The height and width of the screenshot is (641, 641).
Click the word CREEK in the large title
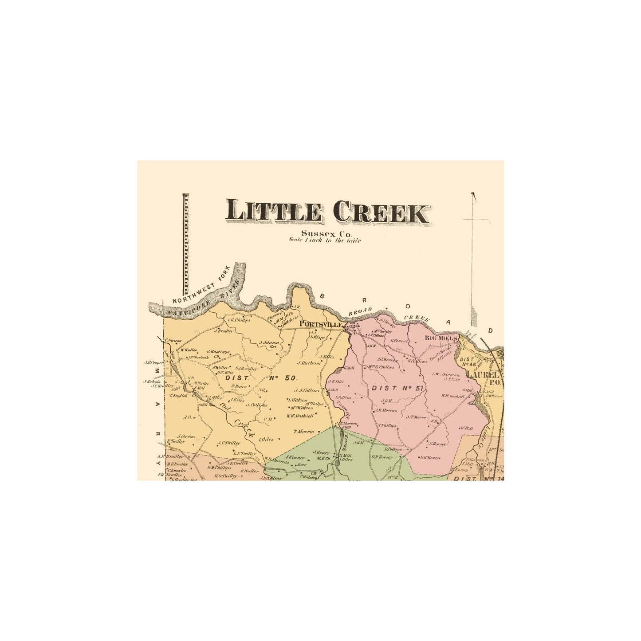(381, 212)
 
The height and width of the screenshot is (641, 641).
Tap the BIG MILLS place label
(440, 338)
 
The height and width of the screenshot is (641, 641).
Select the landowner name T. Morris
(303, 431)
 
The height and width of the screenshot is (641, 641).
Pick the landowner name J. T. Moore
(416, 417)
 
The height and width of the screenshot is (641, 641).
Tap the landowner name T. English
(178, 395)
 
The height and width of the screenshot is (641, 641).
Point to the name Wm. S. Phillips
(381, 367)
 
